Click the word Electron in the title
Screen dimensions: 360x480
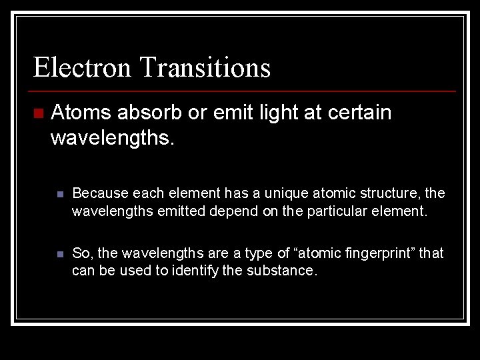coord(82,67)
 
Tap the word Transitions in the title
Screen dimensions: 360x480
coord(205,67)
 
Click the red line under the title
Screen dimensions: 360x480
coord(244,91)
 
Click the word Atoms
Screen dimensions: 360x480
coord(80,113)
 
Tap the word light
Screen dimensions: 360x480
coord(279,113)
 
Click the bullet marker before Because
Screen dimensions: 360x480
coord(60,194)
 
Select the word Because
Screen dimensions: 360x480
coord(100,193)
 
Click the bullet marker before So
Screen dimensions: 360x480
coord(60,254)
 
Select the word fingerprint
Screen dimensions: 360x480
coord(377,253)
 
